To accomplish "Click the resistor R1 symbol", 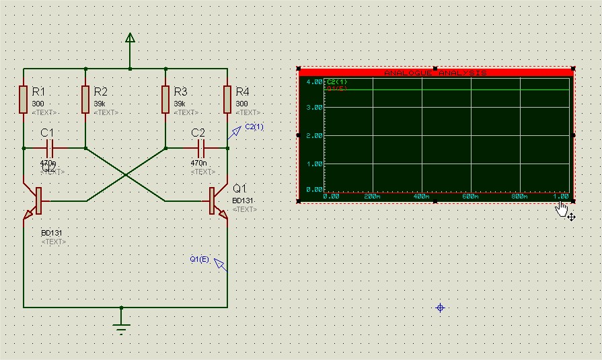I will click(24, 100).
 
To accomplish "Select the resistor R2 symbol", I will click(86, 100).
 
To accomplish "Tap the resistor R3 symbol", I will click(165, 100).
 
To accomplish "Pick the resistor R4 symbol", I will click(227, 100).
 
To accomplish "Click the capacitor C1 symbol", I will click(50, 147).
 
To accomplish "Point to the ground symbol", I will click(121, 328).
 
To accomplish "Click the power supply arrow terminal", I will click(130, 41).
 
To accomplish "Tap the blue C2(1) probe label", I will click(254, 127).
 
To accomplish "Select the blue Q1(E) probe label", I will click(199, 258).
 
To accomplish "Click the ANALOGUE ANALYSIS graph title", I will click(435, 73).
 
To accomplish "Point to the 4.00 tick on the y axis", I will click(314, 82).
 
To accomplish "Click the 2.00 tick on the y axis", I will click(314, 135).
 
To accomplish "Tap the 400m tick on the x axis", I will click(421, 196).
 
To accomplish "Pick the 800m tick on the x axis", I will click(519, 196).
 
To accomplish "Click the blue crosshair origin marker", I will click(441, 308).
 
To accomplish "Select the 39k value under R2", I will click(100, 104).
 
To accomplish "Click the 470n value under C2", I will click(198, 163).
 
